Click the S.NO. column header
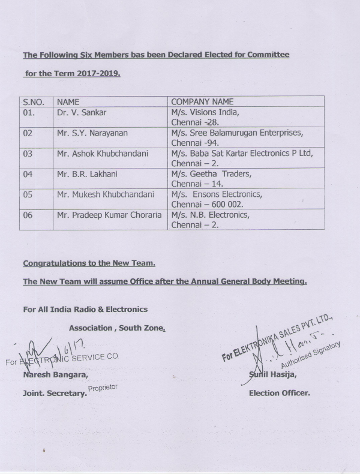(34, 102)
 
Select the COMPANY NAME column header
(202, 102)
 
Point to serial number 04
(28, 174)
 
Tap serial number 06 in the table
(28, 215)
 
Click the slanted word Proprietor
(103, 388)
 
